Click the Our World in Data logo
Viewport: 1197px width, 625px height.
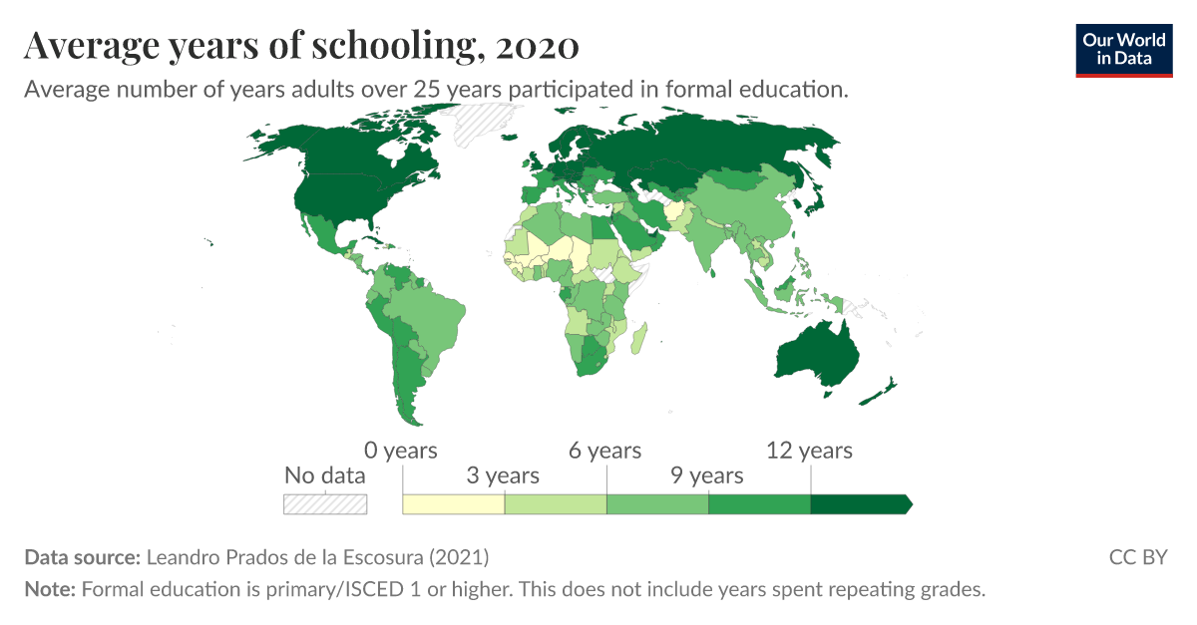click(1123, 50)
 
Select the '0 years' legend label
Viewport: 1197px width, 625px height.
click(401, 451)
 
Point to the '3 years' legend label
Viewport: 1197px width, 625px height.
click(503, 475)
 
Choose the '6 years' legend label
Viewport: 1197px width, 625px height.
click(605, 451)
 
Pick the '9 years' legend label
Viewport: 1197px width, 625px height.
click(707, 475)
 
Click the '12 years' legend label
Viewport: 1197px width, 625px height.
click(809, 451)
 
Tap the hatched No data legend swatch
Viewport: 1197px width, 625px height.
click(325, 504)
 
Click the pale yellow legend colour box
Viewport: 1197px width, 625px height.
click(453, 504)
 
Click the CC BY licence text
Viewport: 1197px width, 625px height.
click(1138, 557)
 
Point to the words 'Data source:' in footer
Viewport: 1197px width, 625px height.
click(83, 557)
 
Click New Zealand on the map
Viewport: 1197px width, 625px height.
click(879, 392)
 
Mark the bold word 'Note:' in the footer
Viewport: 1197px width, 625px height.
click(50, 589)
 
